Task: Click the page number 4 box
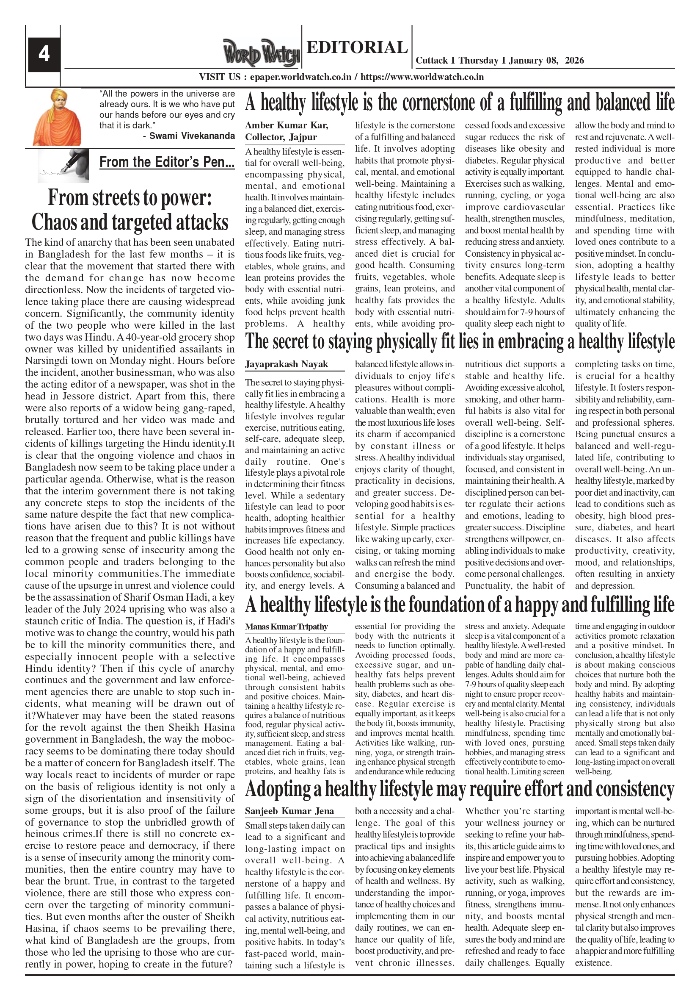click(44, 54)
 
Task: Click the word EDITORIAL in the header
click(357, 47)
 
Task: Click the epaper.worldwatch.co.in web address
click(300, 77)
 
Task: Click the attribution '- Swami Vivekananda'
click(189, 136)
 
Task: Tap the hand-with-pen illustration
click(63, 165)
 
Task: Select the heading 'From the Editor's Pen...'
click(167, 162)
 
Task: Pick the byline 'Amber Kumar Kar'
click(287, 125)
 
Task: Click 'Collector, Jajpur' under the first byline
click(281, 137)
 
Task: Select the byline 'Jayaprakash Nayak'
click(286, 364)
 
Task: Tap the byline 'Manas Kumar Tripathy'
click(286, 627)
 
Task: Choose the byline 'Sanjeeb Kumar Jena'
click(289, 811)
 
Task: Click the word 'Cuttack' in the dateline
click(432, 61)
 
